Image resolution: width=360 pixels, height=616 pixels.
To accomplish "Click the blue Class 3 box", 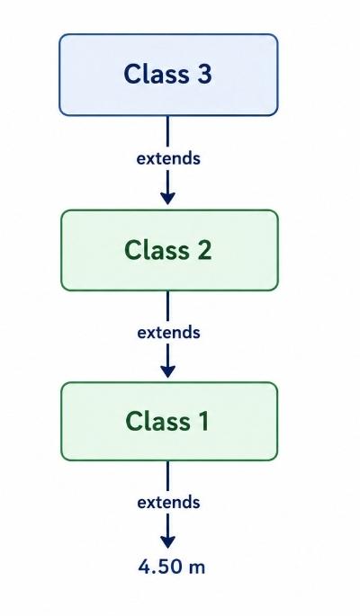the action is coord(168,75).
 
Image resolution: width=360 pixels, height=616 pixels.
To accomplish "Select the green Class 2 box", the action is coord(169,250).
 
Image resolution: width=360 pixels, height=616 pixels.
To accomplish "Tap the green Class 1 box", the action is coord(169,421).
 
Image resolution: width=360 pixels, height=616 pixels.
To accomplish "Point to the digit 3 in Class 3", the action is coord(204,74).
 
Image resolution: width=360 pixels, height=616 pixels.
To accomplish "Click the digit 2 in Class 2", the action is coord(204,250).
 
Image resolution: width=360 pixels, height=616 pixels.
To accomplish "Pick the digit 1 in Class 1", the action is coord(202,421).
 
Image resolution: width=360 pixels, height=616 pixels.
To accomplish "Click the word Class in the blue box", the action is coord(157,74).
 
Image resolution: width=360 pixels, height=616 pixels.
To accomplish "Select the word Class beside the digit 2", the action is coord(157,250).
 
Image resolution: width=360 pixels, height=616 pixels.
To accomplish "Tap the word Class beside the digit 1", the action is coord(158,421).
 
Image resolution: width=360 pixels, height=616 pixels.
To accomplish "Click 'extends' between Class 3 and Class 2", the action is coord(168,158).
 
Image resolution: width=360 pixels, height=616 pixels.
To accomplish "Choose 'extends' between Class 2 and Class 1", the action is coord(168,333).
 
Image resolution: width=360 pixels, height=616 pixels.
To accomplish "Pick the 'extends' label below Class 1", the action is coord(168,503).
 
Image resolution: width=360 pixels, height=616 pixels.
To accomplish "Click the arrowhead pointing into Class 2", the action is coord(167,199).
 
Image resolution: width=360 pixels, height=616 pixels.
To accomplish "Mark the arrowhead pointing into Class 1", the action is coord(167,371).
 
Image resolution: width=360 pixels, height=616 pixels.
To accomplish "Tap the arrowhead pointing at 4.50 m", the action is coord(167,542).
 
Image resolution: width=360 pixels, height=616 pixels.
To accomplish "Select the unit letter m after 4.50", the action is coord(196,568).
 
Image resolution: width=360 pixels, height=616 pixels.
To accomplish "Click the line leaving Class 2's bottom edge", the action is coord(167,306).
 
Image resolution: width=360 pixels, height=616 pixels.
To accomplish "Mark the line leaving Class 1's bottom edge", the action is coord(167,476).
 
